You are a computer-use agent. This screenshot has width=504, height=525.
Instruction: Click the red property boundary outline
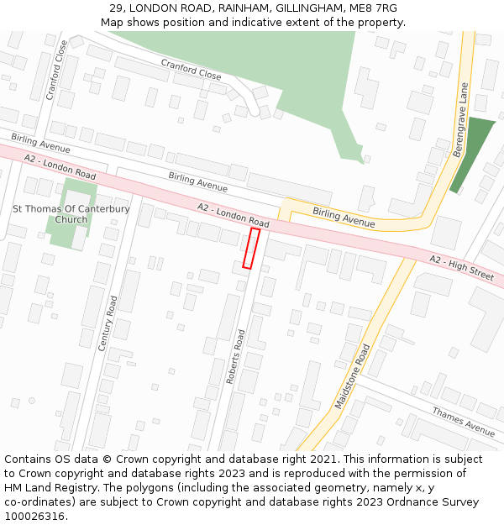[x=250, y=248]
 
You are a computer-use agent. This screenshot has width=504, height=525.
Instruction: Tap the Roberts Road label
[x=235, y=357]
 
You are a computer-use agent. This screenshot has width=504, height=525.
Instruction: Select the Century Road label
[x=108, y=323]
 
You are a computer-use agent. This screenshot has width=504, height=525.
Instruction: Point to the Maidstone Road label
[x=353, y=375]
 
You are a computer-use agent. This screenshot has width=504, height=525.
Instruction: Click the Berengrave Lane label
[x=460, y=119]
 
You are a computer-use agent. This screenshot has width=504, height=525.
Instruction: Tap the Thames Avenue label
[x=463, y=421]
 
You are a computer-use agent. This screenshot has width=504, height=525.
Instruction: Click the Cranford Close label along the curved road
[x=192, y=70]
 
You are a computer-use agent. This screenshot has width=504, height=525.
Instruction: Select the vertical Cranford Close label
[x=55, y=71]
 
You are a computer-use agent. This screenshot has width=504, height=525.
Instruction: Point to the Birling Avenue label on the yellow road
[x=343, y=217]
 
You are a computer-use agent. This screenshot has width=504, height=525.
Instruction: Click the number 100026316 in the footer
[x=35, y=516]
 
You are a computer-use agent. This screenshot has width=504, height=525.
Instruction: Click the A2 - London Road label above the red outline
[x=233, y=215]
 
